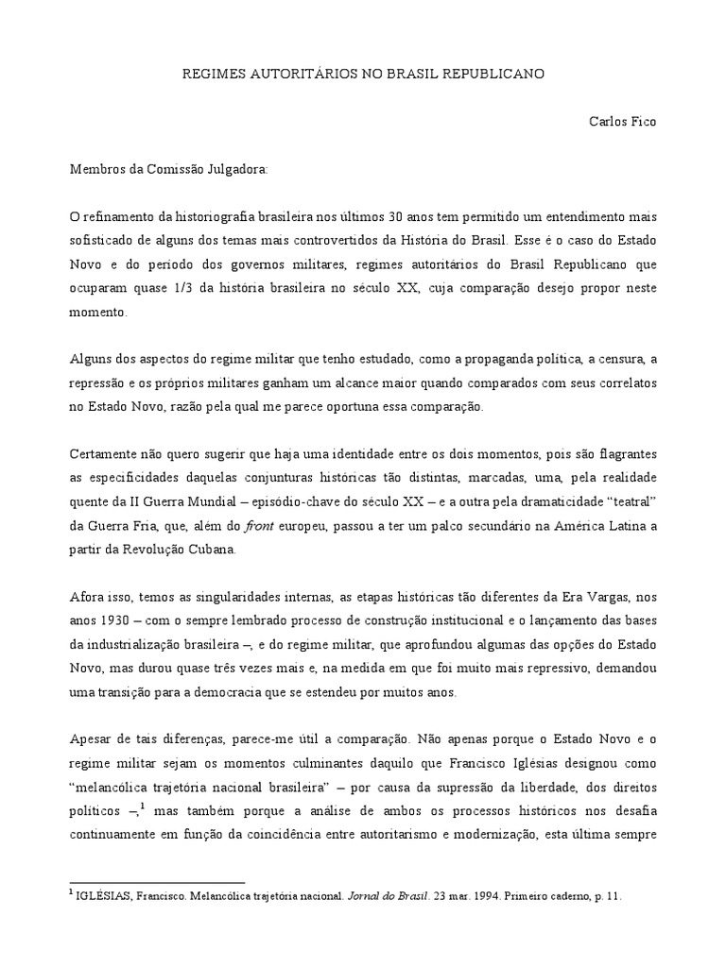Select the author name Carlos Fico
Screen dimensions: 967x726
[621, 121]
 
